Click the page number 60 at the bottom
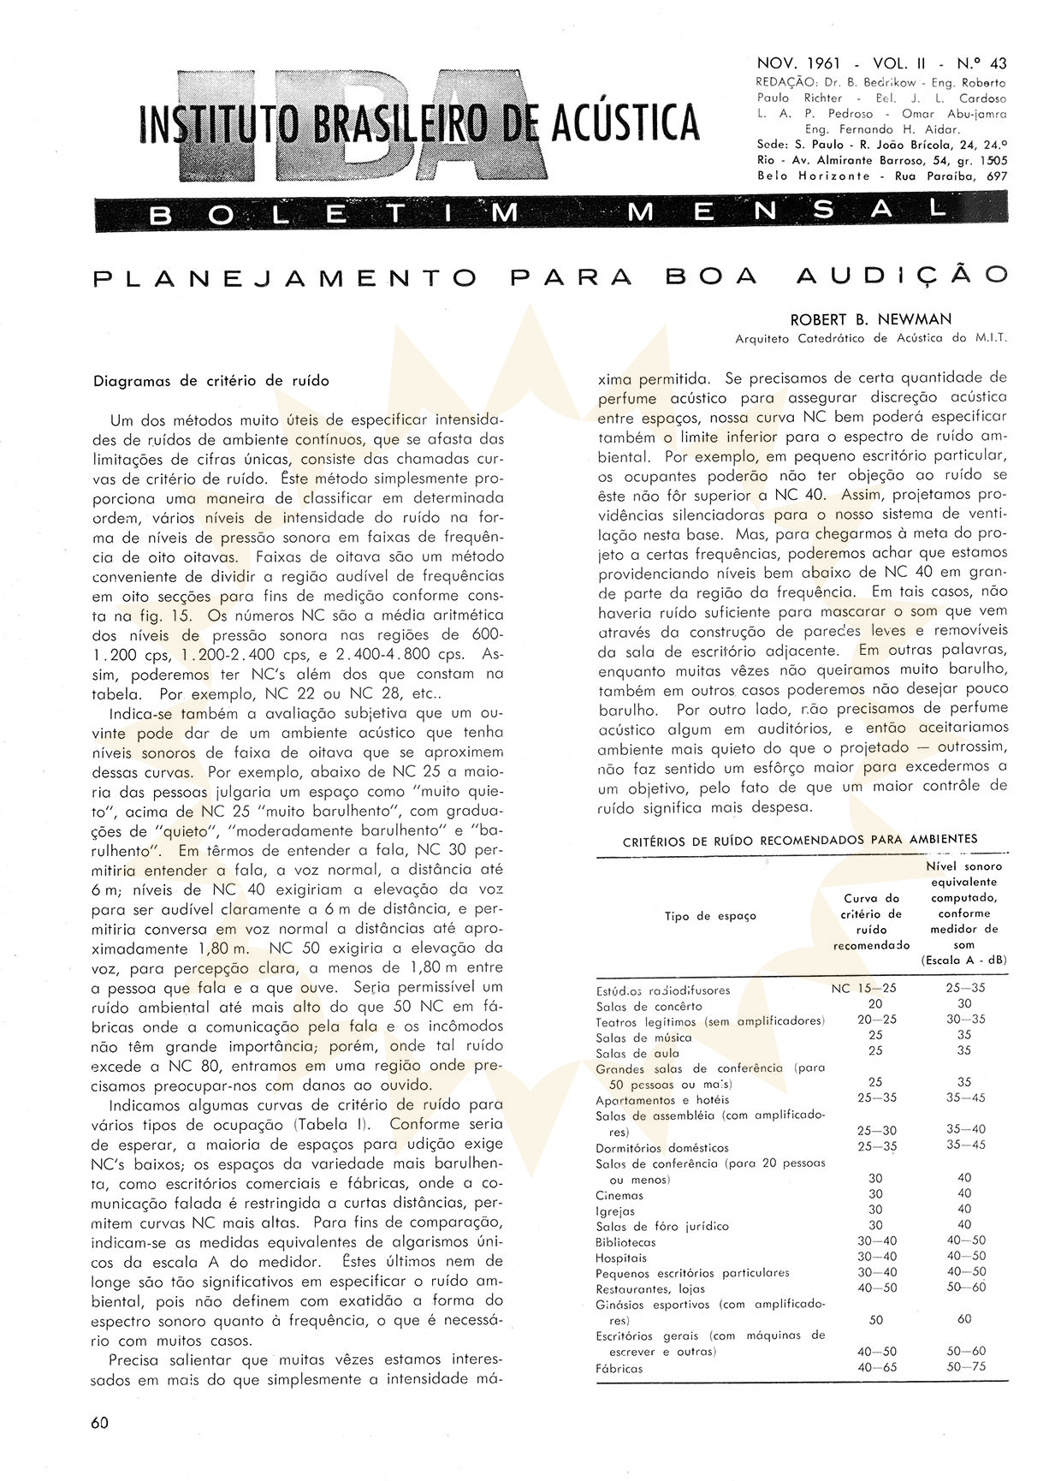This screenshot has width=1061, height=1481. (100, 1422)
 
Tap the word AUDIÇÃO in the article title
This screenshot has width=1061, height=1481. (901, 276)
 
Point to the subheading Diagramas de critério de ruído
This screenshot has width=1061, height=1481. (210, 381)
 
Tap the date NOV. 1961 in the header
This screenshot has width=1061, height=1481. (798, 64)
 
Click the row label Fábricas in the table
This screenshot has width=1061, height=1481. (619, 1369)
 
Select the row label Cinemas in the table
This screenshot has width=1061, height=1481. (619, 1195)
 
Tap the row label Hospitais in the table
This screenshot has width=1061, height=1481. (621, 1258)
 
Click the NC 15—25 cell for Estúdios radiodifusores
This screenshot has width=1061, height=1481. (864, 988)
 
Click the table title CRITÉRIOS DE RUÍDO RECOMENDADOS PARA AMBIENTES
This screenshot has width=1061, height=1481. (800, 840)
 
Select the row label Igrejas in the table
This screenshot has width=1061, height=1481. (615, 1211)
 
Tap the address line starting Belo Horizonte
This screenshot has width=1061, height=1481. (881, 175)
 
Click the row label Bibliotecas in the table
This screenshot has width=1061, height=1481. (626, 1242)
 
